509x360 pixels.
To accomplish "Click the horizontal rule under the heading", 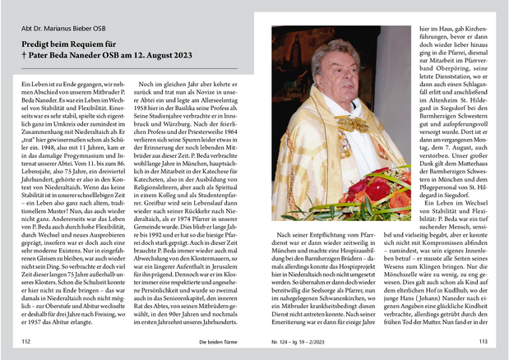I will (x=127, y=68).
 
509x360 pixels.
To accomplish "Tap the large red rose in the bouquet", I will (x=377, y=188).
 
